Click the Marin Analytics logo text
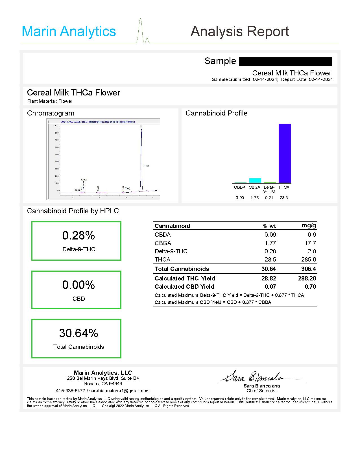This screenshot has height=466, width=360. click(x=69, y=31)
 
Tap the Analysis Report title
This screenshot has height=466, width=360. click(x=239, y=31)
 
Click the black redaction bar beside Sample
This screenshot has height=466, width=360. click(x=285, y=61)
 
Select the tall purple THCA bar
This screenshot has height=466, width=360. click(x=285, y=153)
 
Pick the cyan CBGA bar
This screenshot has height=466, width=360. click(x=255, y=180)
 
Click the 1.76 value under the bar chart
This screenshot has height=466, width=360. click(x=254, y=198)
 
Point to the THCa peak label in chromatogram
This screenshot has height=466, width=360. click(x=146, y=166)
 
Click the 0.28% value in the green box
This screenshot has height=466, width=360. click(x=78, y=236)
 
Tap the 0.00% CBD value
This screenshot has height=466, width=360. click(x=78, y=285)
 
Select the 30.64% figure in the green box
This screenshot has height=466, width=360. click(x=78, y=333)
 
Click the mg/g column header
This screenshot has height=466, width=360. click(x=309, y=225)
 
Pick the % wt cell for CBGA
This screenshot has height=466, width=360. click(x=270, y=243)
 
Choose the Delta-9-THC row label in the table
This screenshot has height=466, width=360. click(x=171, y=251)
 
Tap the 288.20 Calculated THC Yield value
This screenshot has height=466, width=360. click(x=307, y=278)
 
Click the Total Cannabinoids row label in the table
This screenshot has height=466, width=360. click(x=182, y=269)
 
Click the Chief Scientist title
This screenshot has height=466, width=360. click(x=261, y=391)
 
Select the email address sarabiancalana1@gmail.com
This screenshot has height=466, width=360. click(x=119, y=391)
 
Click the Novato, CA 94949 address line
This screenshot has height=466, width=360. click(x=103, y=384)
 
